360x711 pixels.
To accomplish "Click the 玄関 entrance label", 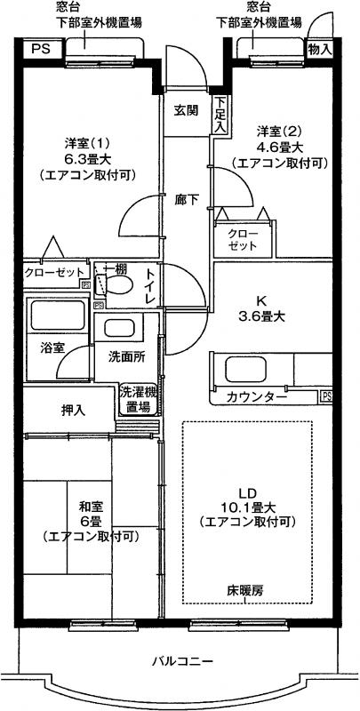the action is pyautogui.click(x=187, y=110).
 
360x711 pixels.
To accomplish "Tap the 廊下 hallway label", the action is pyautogui.click(x=187, y=199).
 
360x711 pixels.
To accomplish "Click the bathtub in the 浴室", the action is pyautogui.click(x=57, y=314).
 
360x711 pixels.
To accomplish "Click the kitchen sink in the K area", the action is pyautogui.click(x=244, y=369).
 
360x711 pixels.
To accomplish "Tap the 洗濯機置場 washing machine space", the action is pyautogui.click(x=139, y=399).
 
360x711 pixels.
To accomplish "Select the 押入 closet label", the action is pyautogui.click(x=73, y=411).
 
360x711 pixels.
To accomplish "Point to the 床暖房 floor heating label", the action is pyautogui.click(x=245, y=591).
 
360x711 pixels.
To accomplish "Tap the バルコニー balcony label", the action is pyautogui.click(x=182, y=661).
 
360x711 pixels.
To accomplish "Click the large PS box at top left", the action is pyautogui.click(x=41, y=49).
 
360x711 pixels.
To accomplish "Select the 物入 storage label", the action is pyautogui.click(x=320, y=50).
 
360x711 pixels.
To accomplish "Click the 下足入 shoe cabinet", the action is pyautogui.click(x=220, y=115).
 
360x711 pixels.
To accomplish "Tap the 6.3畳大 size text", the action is pyautogui.click(x=87, y=159).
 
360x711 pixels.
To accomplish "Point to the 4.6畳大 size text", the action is pyautogui.click(x=279, y=147).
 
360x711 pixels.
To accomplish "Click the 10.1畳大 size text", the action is pyautogui.click(x=248, y=506).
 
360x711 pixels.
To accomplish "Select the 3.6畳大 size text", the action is pyautogui.click(x=260, y=316).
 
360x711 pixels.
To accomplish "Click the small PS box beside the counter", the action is pyautogui.click(x=326, y=395).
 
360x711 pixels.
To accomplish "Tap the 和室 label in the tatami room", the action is pyautogui.click(x=91, y=506).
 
